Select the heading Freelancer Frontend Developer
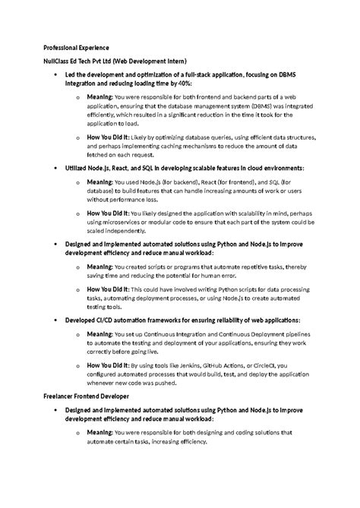(87, 396)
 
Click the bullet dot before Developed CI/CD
(56, 322)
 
